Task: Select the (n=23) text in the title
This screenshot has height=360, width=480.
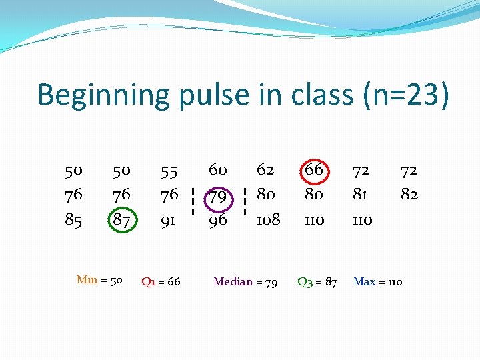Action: click(407, 95)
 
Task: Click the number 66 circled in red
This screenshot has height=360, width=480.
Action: click(313, 170)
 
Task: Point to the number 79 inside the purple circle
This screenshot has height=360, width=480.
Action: click(218, 197)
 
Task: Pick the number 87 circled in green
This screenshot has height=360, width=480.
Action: click(121, 219)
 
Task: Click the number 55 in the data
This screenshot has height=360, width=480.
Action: click(169, 171)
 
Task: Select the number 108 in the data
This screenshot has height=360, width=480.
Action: click(268, 219)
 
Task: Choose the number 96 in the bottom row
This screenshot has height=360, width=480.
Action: click(218, 219)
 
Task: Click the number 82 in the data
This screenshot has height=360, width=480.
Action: click(409, 195)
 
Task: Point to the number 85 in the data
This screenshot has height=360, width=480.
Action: click(73, 219)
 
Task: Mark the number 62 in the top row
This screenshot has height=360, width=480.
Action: click(266, 170)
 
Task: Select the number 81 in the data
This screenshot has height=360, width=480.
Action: click(361, 195)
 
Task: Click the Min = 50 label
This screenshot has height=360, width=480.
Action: click(99, 280)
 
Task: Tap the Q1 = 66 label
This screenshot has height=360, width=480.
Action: click(161, 282)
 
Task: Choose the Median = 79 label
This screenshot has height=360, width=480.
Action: click(245, 282)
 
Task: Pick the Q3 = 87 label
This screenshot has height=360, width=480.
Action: click(317, 282)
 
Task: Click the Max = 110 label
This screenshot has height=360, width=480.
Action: click(377, 282)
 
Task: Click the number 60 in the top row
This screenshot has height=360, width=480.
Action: click(218, 170)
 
